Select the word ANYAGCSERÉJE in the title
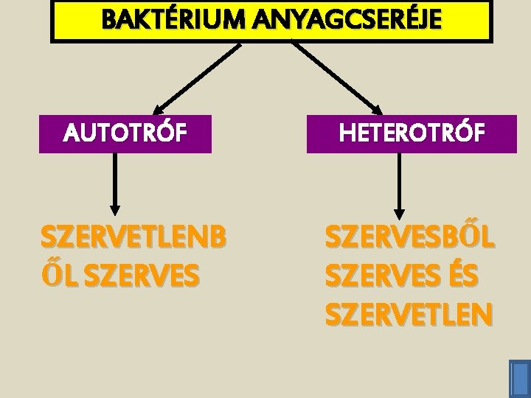(346, 19)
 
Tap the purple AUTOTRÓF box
(125, 133)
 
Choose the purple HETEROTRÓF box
(412, 133)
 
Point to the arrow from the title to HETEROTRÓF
(338, 76)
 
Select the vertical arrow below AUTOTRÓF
(114, 184)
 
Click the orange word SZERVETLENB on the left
(133, 239)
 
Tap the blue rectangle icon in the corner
(519, 377)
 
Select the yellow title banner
(271, 21)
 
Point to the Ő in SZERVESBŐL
(464, 239)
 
